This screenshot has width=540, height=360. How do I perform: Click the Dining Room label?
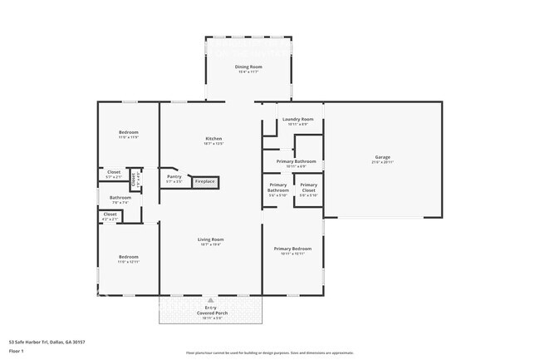[248, 67]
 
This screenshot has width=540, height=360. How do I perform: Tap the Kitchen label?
[214, 138]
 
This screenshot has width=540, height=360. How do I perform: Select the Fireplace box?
[204, 181]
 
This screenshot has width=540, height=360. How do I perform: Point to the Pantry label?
[174, 176]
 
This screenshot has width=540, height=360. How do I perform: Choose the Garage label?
[382, 156]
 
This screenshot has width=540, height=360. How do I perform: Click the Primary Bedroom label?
[293, 249]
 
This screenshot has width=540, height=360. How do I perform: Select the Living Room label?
[210, 239]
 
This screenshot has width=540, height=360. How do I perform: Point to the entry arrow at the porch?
[210, 300]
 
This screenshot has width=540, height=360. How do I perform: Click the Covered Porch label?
[210, 313]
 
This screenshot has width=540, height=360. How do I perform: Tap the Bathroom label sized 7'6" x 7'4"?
[120, 197]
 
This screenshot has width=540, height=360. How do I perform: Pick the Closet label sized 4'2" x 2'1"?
[110, 214]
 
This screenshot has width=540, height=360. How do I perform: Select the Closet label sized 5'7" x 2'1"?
[114, 172]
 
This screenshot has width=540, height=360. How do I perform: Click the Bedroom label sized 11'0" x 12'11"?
[128, 257]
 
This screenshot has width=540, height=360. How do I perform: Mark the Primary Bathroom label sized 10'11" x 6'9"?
[297, 160]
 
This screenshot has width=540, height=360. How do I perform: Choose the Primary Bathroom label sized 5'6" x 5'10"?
[278, 188]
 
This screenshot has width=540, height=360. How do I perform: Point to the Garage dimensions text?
[382, 161]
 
